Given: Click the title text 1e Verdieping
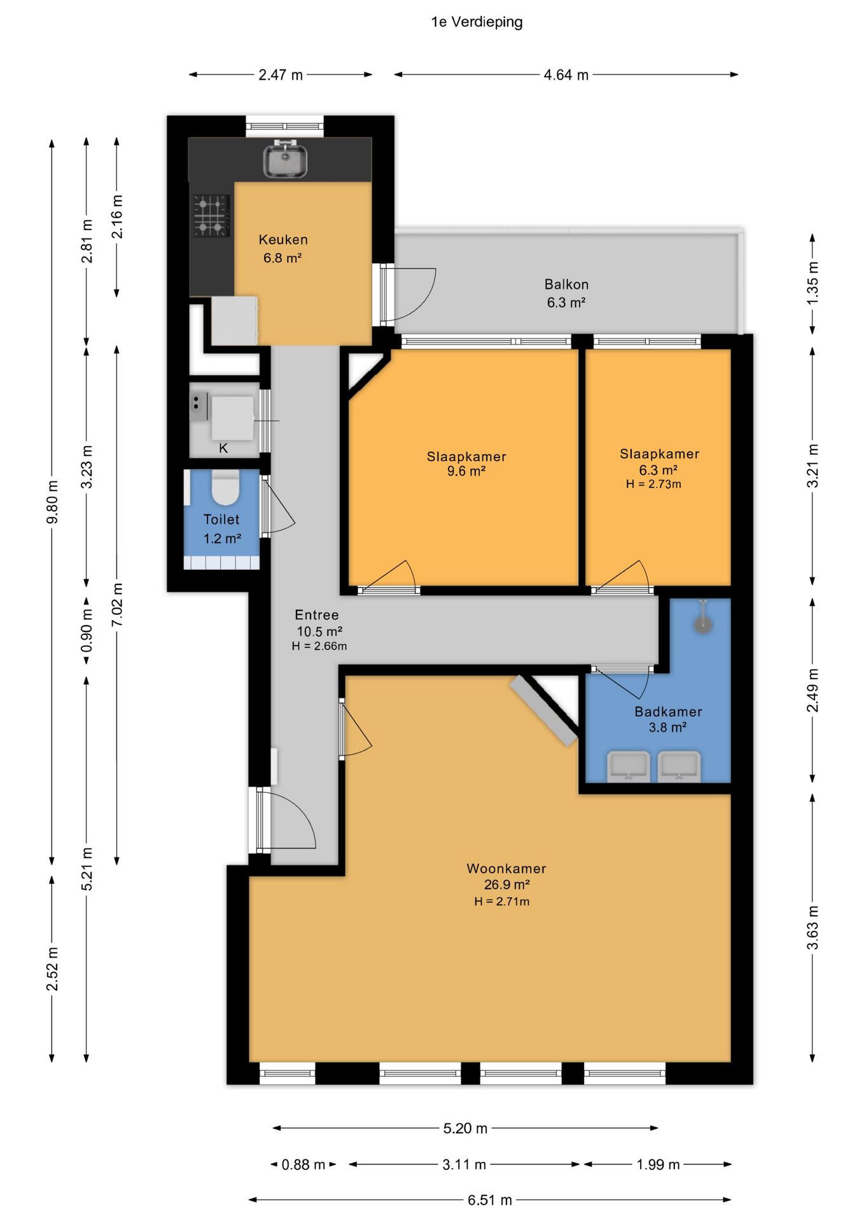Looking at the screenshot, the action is click(x=477, y=22).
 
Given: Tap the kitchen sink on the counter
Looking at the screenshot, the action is click(x=286, y=159).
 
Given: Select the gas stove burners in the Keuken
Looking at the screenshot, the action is click(x=211, y=216).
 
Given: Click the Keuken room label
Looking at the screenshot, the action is click(x=283, y=240).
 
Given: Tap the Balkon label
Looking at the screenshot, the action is click(x=566, y=284).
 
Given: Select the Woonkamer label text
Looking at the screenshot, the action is click(x=506, y=868).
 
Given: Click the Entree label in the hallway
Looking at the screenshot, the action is click(x=317, y=615).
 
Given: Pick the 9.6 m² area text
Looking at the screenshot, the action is click(x=466, y=471).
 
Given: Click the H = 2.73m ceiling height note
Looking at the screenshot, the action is click(x=653, y=484).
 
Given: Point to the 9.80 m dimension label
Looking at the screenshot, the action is click(x=53, y=502).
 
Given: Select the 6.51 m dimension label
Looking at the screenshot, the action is click(x=490, y=1200).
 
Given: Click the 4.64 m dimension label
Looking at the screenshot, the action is click(x=566, y=75).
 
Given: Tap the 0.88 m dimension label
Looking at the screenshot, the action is click(x=303, y=1164).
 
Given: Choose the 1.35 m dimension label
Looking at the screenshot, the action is click(x=812, y=282).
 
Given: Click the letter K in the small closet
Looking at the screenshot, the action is click(x=223, y=448).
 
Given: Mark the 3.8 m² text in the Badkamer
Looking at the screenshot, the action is click(x=667, y=728).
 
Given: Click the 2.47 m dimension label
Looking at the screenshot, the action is click(x=281, y=75).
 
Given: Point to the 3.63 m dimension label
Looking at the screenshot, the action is click(x=812, y=928).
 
